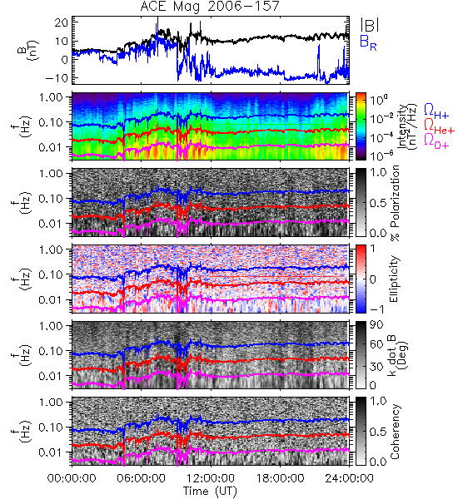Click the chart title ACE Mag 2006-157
[x=210, y=6]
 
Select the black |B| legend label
[x=370, y=24]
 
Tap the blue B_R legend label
[x=368, y=42]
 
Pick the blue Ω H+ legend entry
[x=436, y=111]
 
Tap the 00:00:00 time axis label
[x=72, y=478]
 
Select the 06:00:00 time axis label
[x=141, y=478]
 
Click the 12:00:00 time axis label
[x=211, y=478]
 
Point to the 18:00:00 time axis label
[x=280, y=478]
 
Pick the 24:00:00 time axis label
[x=349, y=478]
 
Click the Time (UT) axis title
[x=210, y=491]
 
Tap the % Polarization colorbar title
[x=395, y=203]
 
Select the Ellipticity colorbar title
[x=394, y=279]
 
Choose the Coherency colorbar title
[x=395, y=432]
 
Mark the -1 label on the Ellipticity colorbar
[x=376, y=309]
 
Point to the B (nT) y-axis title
[x=28, y=50]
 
